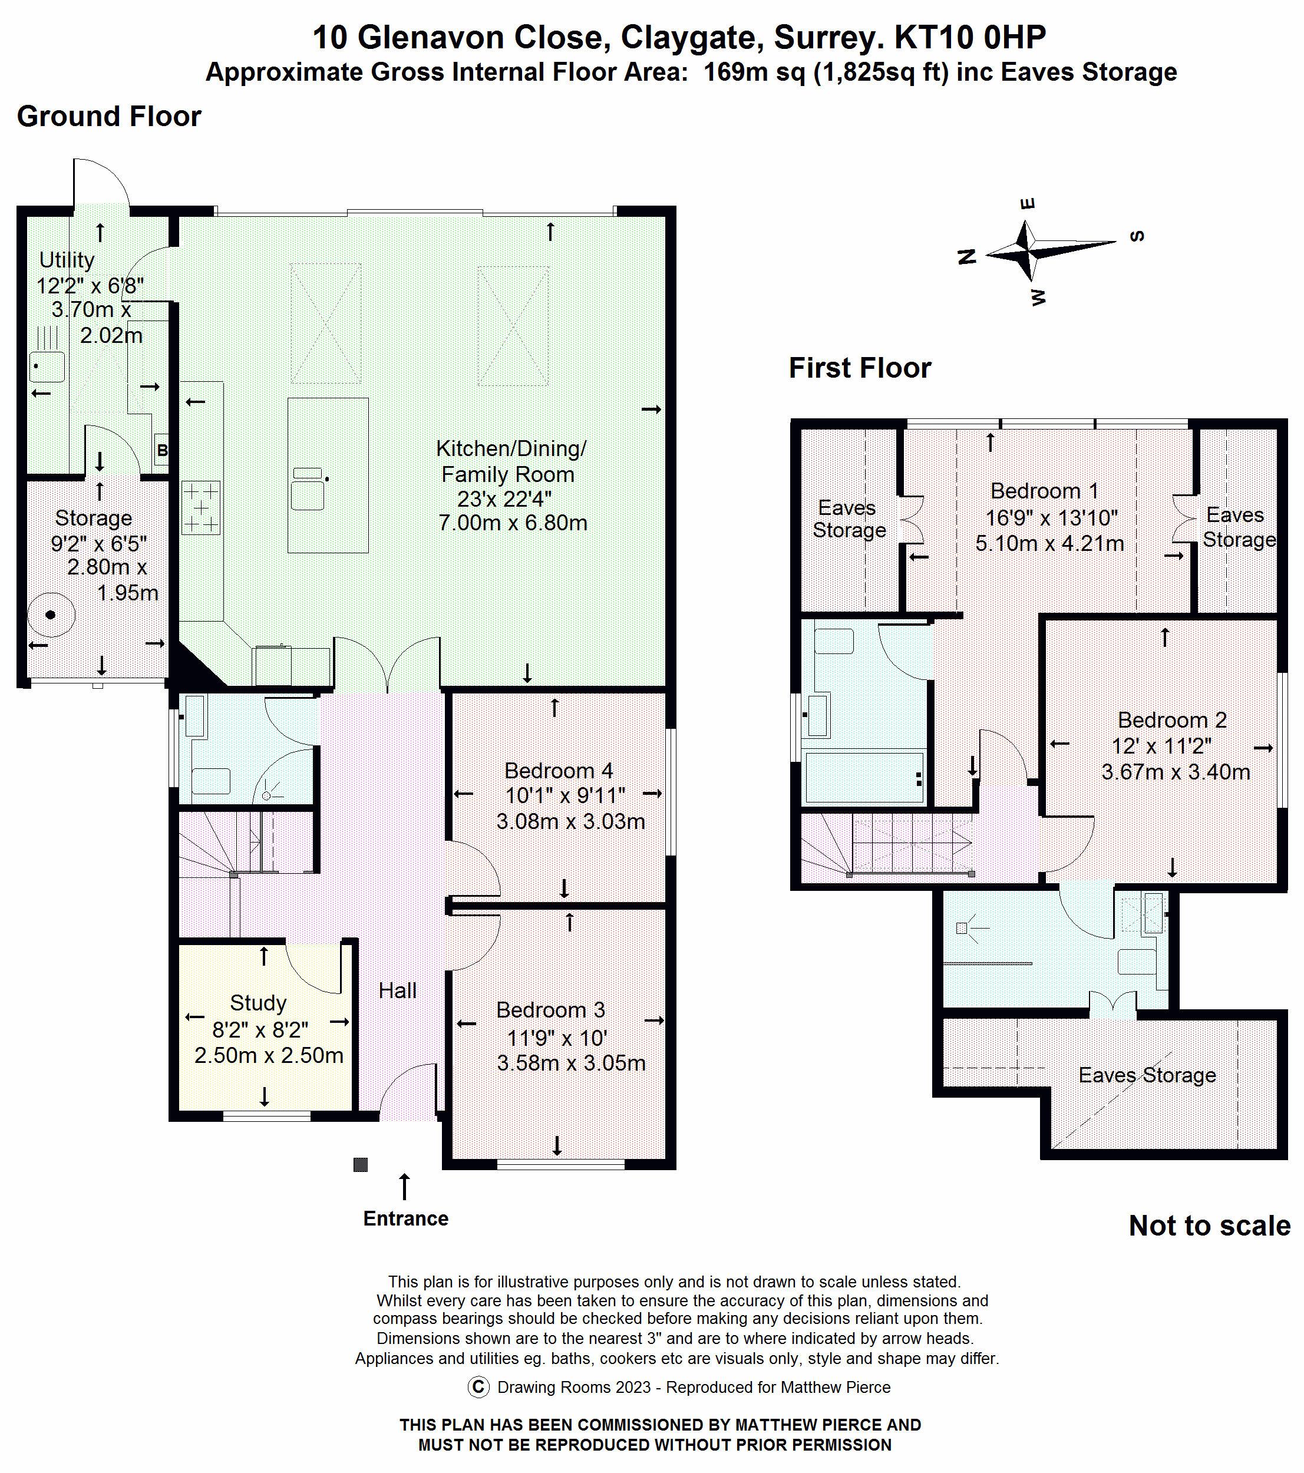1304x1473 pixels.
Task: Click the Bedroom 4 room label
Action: tap(559, 770)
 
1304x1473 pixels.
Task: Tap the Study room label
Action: tap(258, 1003)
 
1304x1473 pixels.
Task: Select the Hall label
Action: tap(397, 991)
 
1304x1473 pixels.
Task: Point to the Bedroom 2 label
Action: tap(1172, 720)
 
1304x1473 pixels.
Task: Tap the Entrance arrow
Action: tap(404, 1186)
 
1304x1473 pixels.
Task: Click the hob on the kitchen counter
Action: tap(201, 508)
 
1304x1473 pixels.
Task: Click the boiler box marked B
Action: tap(161, 450)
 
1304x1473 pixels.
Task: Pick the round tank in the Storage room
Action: tap(51, 615)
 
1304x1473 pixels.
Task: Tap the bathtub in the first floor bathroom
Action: tap(864, 777)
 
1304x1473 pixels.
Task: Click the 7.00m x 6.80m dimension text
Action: tap(513, 523)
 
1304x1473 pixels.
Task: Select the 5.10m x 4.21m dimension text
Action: tap(1049, 543)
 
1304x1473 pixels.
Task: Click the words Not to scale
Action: tap(1210, 1226)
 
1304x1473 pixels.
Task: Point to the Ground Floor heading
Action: tap(109, 116)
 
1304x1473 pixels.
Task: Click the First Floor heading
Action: tap(860, 368)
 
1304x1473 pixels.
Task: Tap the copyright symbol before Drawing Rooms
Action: tap(478, 1387)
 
